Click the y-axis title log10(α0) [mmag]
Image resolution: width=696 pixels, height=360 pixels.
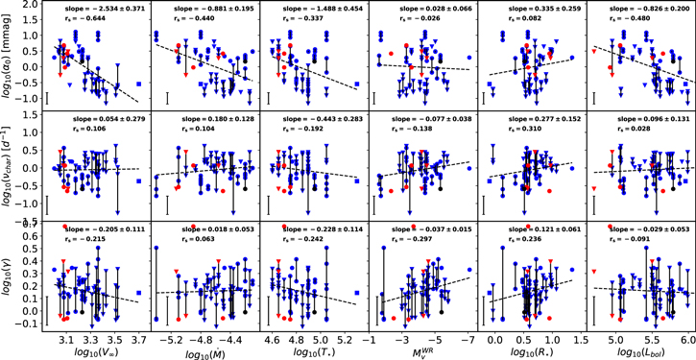(x=8, y=55)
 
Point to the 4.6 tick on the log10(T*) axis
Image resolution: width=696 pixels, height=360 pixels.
(x=273, y=339)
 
